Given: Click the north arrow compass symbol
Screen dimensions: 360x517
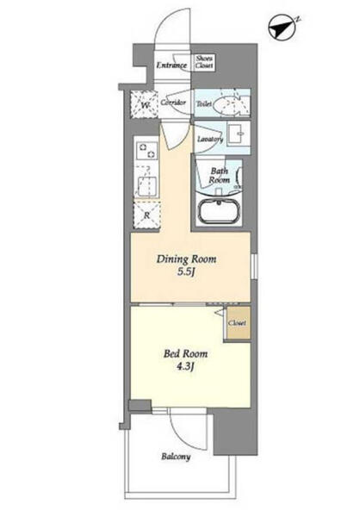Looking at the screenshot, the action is (x=282, y=27).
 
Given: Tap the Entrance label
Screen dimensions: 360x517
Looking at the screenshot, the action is (x=171, y=65).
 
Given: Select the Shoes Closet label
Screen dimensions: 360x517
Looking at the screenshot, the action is (x=204, y=62).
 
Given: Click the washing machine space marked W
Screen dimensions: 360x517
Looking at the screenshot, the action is (x=144, y=104).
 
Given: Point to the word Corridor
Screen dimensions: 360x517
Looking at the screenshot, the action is (x=173, y=103).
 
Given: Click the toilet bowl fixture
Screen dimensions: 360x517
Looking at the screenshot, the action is (x=227, y=103).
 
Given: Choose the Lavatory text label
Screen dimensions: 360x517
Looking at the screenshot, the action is (x=210, y=139).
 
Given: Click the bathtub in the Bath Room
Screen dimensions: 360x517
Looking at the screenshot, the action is (x=219, y=211).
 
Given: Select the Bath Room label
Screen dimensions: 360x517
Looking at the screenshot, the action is (x=220, y=176).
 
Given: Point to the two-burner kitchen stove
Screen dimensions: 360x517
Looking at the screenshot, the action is (x=147, y=151).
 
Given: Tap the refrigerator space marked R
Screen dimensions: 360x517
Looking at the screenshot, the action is (x=146, y=215).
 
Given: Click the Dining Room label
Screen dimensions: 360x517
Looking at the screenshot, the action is (x=186, y=259).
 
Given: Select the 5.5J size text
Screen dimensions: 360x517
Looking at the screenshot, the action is (x=187, y=273).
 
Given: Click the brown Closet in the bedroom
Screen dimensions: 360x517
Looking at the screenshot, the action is (x=238, y=323).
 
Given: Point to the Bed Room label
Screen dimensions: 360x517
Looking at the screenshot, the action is (x=186, y=354).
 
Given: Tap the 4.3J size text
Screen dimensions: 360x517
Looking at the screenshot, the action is (x=184, y=368).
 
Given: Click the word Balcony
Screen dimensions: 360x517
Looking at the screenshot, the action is (x=176, y=457).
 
